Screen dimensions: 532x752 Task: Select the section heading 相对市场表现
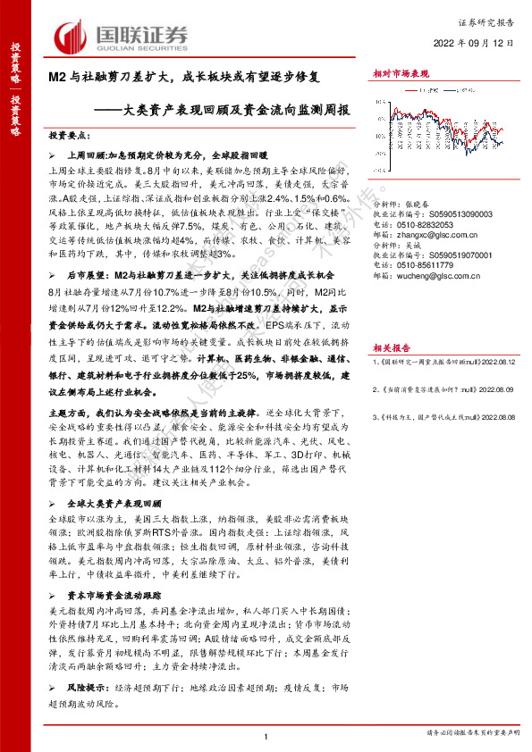point(401,76)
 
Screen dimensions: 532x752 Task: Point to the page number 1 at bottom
point(266,735)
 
